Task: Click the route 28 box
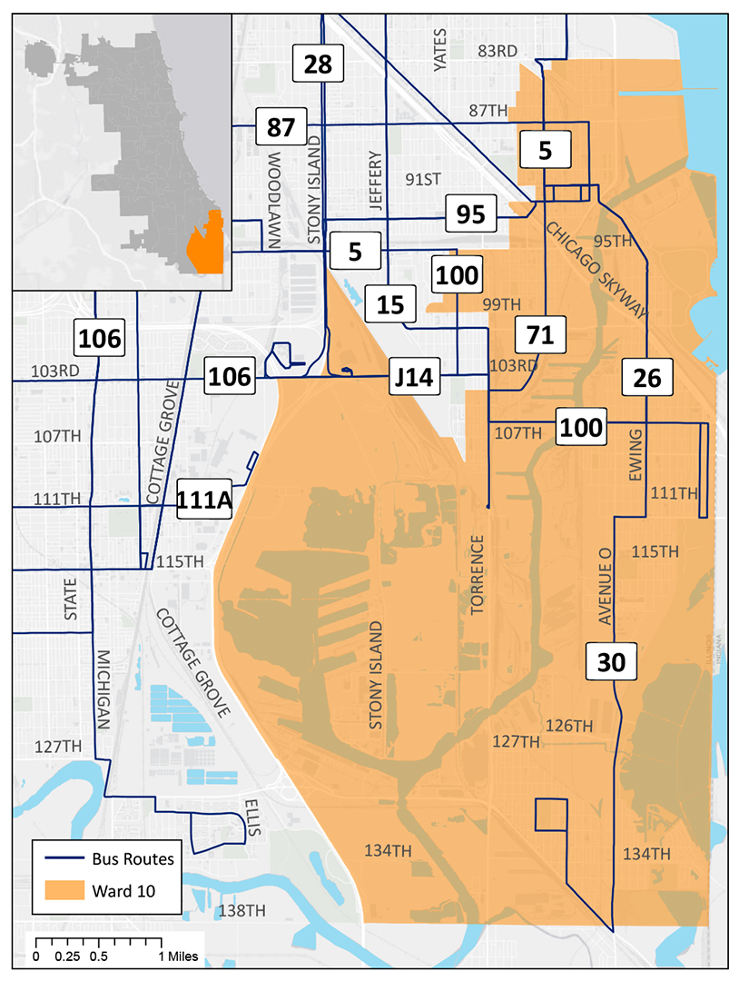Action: (319, 64)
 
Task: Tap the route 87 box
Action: (281, 127)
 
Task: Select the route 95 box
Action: (471, 215)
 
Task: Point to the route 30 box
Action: (612, 661)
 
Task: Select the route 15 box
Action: (390, 304)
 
